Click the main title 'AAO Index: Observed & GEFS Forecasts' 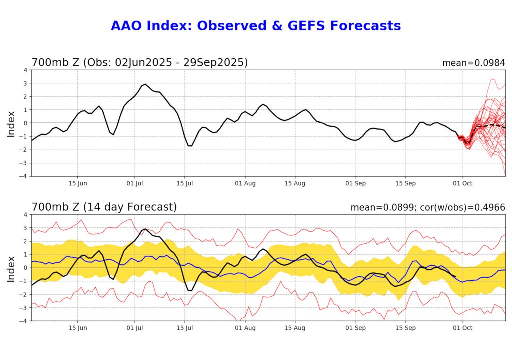256,26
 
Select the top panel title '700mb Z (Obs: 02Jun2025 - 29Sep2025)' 140,63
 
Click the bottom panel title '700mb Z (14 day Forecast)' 104,207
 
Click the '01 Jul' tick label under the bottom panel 135,328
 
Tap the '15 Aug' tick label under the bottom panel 295,328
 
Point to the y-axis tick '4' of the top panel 25,70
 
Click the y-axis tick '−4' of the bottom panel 24,321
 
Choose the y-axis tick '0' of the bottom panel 25,268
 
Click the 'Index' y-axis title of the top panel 12,123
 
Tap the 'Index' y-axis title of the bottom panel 12,268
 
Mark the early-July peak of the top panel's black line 145,84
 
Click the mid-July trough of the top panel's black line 190,146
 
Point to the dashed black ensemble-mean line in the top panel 492,125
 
